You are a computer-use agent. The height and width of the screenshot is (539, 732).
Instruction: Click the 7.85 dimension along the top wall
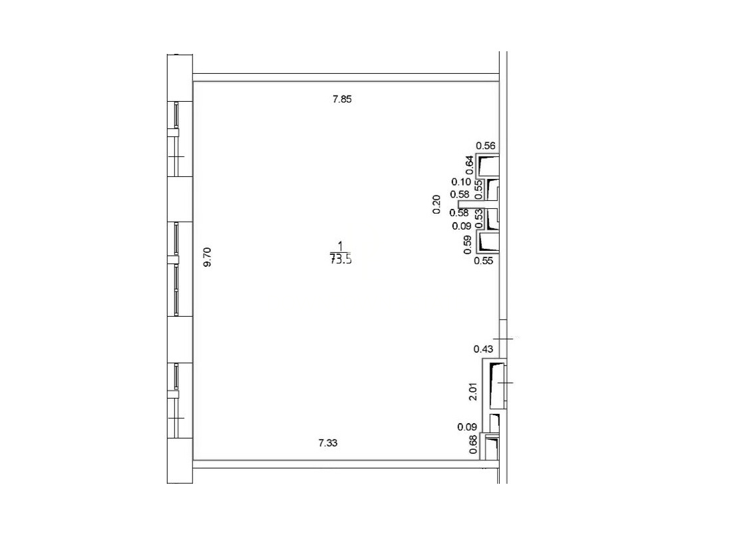(x=342, y=99)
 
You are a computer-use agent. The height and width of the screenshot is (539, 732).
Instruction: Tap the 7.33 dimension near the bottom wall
(x=327, y=443)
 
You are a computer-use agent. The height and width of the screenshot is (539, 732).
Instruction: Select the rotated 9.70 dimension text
(x=208, y=257)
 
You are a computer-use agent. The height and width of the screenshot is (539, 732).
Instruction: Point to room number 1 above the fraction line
(x=341, y=246)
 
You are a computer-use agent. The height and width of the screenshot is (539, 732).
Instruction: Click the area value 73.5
(x=341, y=260)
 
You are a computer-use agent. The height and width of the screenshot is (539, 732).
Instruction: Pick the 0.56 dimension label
(x=486, y=146)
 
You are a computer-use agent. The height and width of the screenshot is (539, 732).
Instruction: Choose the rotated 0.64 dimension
(x=470, y=165)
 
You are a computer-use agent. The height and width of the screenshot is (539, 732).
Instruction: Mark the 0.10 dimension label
(x=461, y=182)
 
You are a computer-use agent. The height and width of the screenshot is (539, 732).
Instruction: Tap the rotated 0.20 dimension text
(x=437, y=204)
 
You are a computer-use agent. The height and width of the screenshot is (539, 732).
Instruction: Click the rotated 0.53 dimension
(x=478, y=218)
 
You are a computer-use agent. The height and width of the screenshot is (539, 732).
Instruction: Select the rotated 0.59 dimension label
(x=468, y=244)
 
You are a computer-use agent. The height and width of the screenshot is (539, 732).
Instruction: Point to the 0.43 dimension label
(x=483, y=349)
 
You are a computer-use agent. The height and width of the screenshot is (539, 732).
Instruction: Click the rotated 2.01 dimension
(x=473, y=391)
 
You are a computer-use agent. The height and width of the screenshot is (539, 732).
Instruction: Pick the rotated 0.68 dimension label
(x=473, y=445)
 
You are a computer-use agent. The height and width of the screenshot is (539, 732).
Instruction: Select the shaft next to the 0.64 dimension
(x=488, y=166)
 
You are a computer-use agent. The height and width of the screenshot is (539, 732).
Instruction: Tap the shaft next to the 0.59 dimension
(x=488, y=242)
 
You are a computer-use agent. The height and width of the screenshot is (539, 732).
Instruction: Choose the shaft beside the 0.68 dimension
(x=491, y=447)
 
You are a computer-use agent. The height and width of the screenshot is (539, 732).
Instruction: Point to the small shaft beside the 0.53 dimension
(x=492, y=219)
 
